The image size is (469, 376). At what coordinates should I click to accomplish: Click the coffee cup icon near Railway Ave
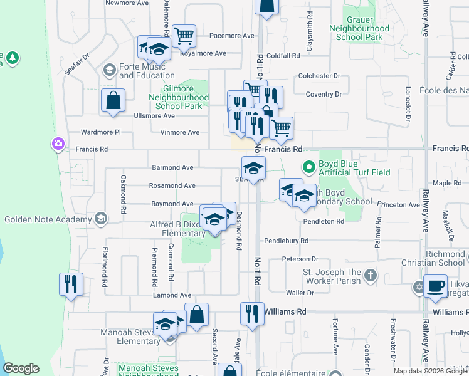[435, 286]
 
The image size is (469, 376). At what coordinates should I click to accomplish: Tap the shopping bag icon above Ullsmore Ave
[113, 100]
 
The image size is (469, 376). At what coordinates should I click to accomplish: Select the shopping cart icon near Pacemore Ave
[184, 36]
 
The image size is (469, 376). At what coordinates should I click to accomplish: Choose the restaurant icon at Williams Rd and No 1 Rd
[252, 313]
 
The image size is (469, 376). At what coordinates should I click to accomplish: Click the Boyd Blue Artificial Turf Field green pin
[308, 167]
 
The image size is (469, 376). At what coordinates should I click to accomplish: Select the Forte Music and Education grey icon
[109, 69]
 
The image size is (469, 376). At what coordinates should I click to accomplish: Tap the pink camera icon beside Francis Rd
[58, 145]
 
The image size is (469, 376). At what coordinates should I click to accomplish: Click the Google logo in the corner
[21, 368]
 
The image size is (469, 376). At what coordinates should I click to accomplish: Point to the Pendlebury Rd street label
[287, 241]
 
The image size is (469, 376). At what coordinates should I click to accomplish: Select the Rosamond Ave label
[172, 185]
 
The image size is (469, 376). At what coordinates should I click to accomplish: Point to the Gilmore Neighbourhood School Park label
[179, 98]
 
